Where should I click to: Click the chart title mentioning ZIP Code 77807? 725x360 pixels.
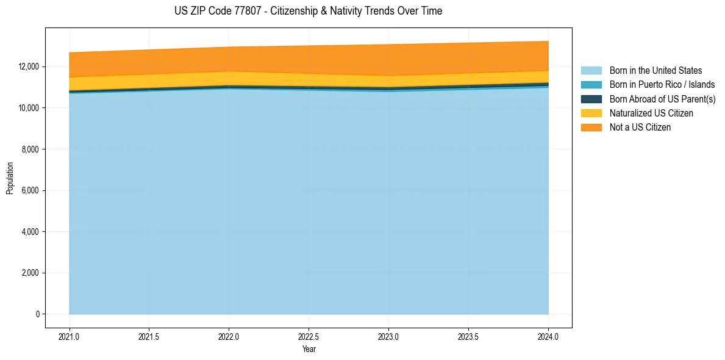(x=308, y=11)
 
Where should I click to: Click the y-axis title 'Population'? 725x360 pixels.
(x=10, y=178)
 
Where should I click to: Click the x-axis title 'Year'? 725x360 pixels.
(x=309, y=349)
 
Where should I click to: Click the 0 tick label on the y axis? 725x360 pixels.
(x=37, y=314)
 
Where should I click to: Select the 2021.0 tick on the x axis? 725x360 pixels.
(x=70, y=336)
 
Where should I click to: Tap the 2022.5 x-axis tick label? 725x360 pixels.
(x=309, y=336)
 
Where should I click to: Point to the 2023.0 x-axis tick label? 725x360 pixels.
(x=388, y=336)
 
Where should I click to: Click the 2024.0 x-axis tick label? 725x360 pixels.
(x=548, y=336)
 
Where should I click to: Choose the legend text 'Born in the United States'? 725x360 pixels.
(x=655, y=71)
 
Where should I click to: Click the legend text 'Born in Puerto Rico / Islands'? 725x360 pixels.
(x=662, y=85)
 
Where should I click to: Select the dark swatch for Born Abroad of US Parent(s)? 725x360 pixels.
(x=591, y=99)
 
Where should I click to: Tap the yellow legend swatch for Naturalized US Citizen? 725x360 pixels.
(x=591, y=113)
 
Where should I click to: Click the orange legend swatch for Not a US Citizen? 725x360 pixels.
(x=591, y=128)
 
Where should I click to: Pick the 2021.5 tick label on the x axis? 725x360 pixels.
(x=149, y=336)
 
